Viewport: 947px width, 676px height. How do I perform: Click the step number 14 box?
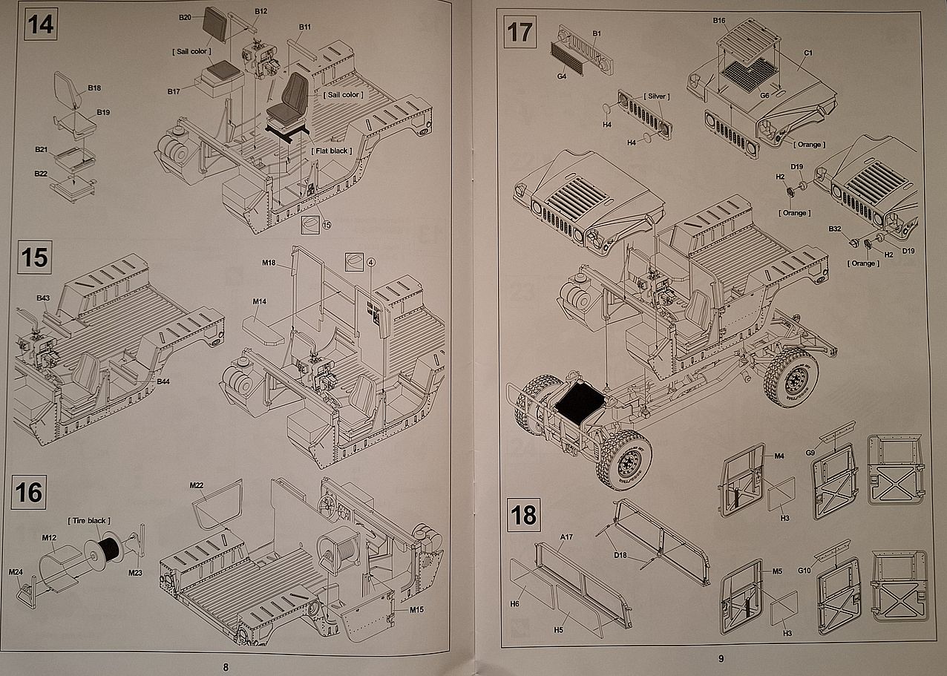pos(39,24)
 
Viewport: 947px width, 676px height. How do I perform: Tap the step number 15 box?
pos(34,258)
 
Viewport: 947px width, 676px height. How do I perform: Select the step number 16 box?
pos(30,492)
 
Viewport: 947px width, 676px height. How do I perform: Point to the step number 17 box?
pos(520,33)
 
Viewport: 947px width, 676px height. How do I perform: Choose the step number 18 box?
pos(524,515)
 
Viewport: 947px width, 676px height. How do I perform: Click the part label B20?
pos(186,17)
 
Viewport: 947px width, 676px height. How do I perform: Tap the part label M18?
pos(269,263)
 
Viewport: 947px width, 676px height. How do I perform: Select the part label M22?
pos(197,485)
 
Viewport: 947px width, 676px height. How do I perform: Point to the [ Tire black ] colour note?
pos(88,521)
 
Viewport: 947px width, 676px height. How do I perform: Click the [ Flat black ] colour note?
pos(332,151)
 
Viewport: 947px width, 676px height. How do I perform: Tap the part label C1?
pos(808,53)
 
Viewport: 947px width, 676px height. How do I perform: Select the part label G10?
pos(804,571)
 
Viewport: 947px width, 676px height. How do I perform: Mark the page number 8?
pos(226,666)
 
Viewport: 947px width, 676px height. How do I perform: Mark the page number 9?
pos(720,657)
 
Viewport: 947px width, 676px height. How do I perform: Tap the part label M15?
pos(416,609)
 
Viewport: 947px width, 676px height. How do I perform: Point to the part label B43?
pos(43,298)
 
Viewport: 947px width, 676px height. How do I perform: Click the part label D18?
pos(620,554)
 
